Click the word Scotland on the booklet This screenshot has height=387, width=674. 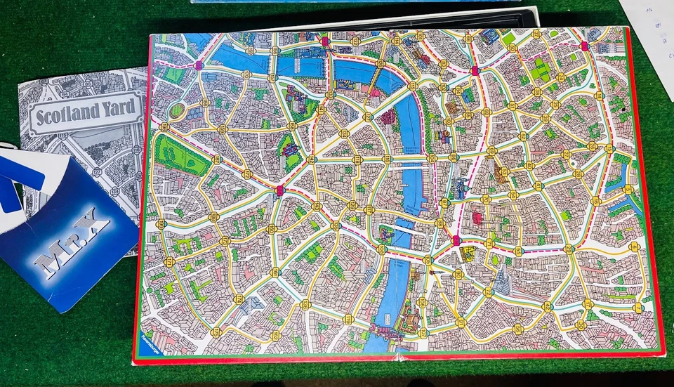[x=65, y=114]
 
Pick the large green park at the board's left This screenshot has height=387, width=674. [x=181, y=155]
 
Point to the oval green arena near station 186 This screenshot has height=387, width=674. [x=177, y=111]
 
